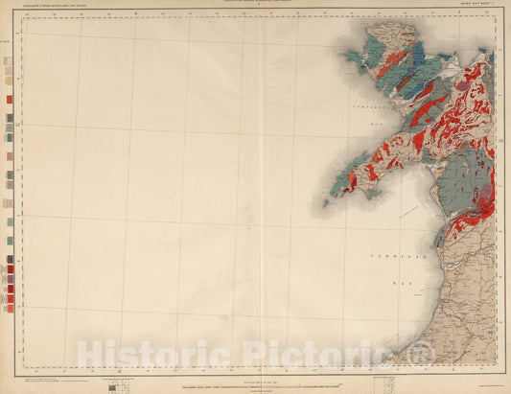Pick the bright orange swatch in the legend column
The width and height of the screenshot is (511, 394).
[x=10, y=98]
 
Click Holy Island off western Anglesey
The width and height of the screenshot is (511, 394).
[x=351, y=58]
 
